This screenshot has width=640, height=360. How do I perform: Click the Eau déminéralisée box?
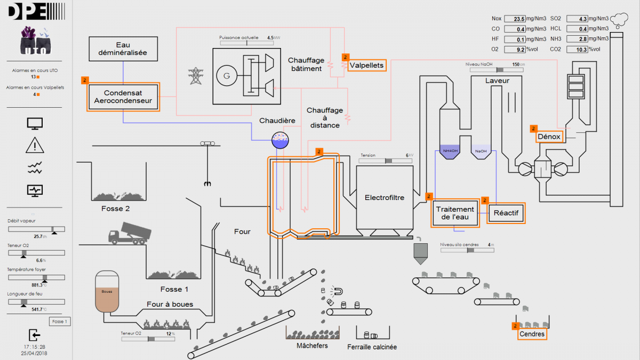[123, 49]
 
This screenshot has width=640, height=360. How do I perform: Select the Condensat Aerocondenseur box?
[123, 96]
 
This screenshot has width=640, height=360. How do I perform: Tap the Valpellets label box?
[366, 66]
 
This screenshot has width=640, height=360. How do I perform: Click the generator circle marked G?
[227, 76]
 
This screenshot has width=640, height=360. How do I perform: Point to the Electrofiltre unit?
[385, 198]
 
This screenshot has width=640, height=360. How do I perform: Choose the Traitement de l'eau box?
[454, 213]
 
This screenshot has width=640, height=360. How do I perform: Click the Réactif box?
[506, 213]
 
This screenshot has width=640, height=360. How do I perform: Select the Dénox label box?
[549, 137]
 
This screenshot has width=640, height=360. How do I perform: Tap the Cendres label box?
[532, 334]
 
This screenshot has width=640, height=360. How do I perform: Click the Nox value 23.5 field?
[515, 19]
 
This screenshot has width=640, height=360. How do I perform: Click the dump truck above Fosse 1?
[129, 234]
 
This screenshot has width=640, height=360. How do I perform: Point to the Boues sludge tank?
[107, 292]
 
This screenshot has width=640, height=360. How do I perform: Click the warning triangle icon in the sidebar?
[35, 145]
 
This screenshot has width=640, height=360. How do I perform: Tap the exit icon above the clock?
[34, 335]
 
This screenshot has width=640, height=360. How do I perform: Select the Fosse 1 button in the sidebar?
[59, 322]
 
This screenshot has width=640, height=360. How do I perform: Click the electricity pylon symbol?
[197, 76]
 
